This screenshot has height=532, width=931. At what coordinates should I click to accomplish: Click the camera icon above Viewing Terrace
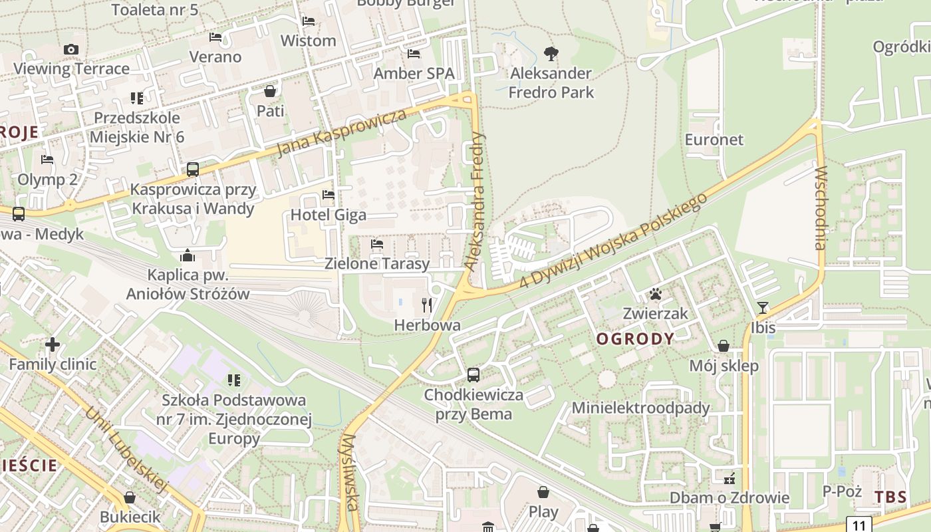coord(71,49)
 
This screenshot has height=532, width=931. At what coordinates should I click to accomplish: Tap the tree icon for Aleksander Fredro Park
coord(551,53)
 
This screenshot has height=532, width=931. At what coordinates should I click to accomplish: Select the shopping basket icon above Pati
coord(270,91)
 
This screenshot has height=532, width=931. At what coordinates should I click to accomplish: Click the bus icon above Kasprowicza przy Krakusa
coord(193,170)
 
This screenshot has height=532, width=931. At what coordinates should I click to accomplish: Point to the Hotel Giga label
coord(329,215)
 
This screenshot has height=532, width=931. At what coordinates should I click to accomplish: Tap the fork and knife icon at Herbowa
coord(427,305)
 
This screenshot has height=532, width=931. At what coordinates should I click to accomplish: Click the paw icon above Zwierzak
coord(656,294)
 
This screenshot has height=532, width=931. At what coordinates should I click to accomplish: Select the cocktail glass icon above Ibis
coord(763,308)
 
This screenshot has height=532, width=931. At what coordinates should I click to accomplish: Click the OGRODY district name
coord(635,339)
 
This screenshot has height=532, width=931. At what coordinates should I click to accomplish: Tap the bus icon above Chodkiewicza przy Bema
coord(473,375)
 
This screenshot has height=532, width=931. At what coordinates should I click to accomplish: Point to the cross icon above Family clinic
coord(53,344)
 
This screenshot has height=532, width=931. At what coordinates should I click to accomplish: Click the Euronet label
coord(714,140)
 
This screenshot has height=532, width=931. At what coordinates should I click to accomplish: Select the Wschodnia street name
coord(819,207)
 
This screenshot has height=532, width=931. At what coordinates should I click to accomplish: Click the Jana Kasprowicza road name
coord(340,133)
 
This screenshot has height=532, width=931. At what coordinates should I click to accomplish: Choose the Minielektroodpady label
coord(641,408)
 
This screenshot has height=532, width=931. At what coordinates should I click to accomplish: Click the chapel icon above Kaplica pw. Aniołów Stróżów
coord(188,255)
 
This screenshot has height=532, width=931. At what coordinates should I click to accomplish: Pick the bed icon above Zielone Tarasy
coord(377,244)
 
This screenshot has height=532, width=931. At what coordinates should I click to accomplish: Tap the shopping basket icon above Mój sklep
coord(724,346)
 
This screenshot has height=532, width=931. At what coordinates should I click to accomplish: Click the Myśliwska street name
coord(350,472)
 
